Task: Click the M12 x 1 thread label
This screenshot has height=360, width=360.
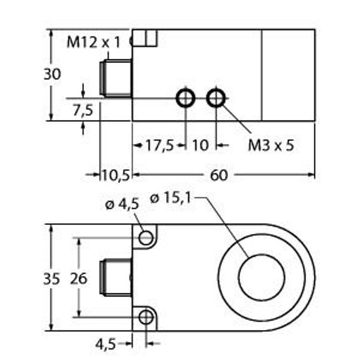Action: point(94,43)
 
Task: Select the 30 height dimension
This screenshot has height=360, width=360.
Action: point(52,74)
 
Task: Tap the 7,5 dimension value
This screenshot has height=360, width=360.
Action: point(83,110)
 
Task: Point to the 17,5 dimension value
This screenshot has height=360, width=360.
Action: point(160,145)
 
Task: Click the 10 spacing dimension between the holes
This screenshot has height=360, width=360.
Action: point(200,145)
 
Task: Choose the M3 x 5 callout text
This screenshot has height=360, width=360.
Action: point(271,145)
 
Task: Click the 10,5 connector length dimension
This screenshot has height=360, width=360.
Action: point(116,175)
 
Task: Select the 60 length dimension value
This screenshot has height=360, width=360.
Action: point(219,175)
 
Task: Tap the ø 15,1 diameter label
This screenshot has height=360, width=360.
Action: point(170,197)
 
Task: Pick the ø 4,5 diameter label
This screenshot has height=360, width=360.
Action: point(122,204)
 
